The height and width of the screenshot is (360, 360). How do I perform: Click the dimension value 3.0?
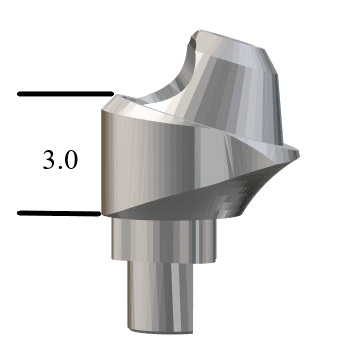[x=57, y=159]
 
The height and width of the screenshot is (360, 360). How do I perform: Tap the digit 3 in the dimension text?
[x=46, y=159]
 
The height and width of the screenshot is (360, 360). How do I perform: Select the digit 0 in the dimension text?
[x=68, y=159]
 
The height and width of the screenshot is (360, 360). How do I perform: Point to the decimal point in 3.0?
[x=57, y=166]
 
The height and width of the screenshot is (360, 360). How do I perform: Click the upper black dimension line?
[x=60, y=96]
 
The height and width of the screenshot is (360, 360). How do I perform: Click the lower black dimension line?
[x=60, y=213]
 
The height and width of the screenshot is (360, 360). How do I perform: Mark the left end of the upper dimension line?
[x=20, y=96]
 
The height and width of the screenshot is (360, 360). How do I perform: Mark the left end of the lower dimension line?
[x=20, y=213]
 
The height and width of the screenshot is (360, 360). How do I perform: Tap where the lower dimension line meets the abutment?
[x=101, y=213]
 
